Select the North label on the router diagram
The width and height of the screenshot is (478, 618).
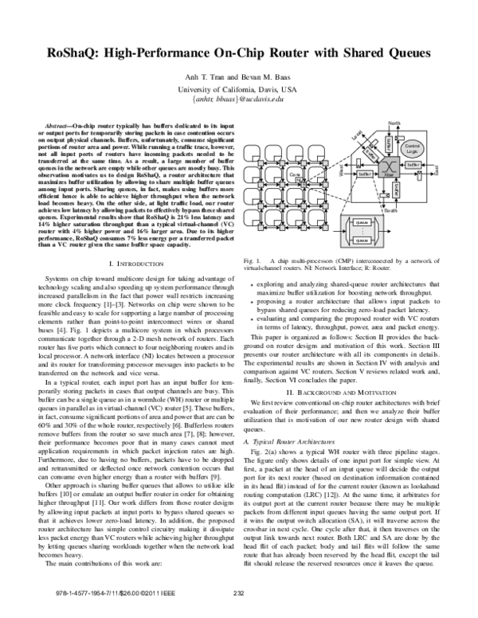(x=394, y=122)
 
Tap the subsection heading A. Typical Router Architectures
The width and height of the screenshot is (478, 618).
(x=296, y=440)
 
